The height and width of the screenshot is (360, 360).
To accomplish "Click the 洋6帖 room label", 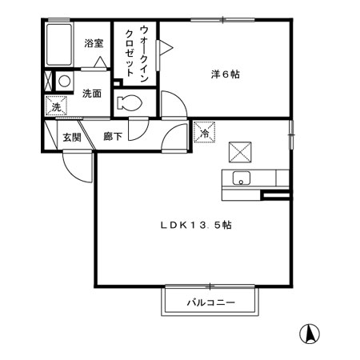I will click(226, 74).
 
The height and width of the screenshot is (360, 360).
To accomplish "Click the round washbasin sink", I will click(63, 81).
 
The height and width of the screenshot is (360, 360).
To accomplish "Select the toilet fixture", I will click(129, 102).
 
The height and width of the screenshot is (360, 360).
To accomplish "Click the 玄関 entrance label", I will click(73, 137).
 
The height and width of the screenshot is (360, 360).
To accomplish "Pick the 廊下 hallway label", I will click(113, 137).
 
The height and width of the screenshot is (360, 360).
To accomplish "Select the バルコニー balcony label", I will click(211, 303).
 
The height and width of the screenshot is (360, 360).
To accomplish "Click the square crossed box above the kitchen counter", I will click(239, 150).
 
